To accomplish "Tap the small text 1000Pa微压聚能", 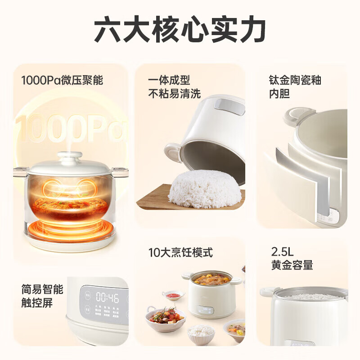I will pos(62,81).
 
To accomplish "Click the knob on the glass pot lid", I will pos(70,156).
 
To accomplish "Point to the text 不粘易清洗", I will pos(174,94).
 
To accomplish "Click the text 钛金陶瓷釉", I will pos(295,81).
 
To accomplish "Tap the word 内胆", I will pos(279,94).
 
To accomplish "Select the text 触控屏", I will pos(37,303).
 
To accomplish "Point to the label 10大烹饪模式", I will pos(180,252).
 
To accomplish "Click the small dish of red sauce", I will pos(174,295).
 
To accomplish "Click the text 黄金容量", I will pos(292,265).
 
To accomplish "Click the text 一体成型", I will pos(169,81).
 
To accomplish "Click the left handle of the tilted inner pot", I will pos(173,152).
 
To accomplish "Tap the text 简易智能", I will pos(42,289).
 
